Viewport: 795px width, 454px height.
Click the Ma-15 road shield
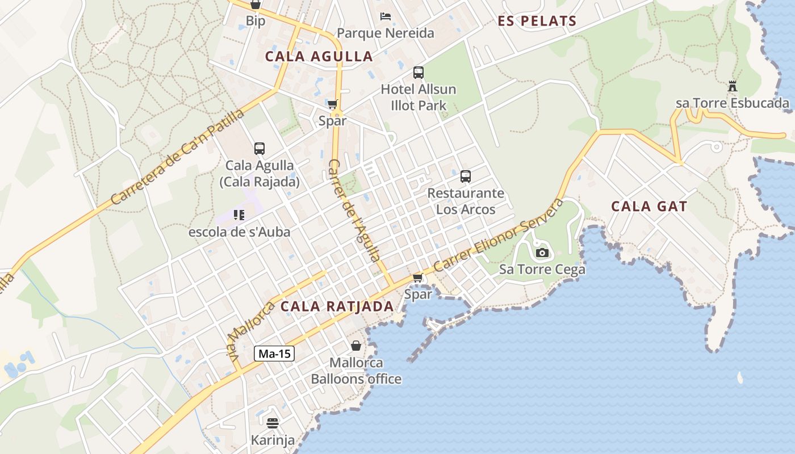[x=274, y=354]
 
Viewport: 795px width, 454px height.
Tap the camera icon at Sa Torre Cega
[x=542, y=253]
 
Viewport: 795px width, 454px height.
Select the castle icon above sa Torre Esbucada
[x=733, y=87]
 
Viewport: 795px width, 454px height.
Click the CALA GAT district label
[x=649, y=207]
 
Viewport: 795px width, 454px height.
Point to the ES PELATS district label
[x=537, y=22]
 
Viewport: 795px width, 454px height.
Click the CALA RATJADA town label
[x=337, y=306]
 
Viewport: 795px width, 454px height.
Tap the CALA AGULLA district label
[x=319, y=57]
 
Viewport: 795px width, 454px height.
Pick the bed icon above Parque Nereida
[x=386, y=16]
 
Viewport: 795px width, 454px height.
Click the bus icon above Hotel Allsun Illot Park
[x=419, y=73]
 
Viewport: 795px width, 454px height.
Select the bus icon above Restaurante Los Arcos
[x=466, y=176]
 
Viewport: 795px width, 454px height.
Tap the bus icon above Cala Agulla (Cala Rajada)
[x=260, y=149]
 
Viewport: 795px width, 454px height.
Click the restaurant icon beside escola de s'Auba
[x=239, y=215]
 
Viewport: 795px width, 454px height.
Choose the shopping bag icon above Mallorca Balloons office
[x=356, y=346]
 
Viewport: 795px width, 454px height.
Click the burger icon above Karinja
[x=273, y=423]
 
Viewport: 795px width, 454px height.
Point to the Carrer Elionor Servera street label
[x=500, y=234]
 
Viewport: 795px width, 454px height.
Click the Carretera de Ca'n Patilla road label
[x=177, y=157]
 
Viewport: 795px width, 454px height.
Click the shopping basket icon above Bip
[x=256, y=5]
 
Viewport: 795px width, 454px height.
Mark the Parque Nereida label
[x=386, y=33]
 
